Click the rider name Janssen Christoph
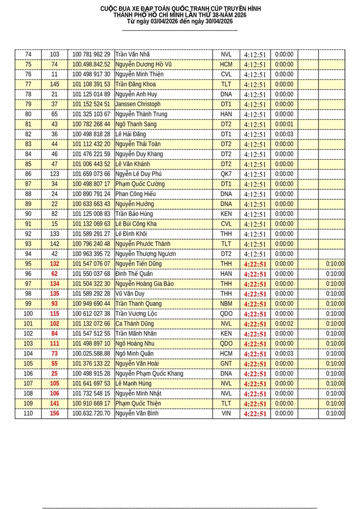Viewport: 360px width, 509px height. point(138,105)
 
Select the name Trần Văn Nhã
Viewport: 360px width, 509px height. point(133,55)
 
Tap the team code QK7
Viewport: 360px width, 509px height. point(226,174)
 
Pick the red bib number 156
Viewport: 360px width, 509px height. point(55,414)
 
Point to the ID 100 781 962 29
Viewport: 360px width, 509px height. point(91,55)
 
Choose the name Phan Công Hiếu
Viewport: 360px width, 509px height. point(136,194)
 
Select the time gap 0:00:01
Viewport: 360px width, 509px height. point(284,124)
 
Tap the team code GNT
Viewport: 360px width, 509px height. point(226,364)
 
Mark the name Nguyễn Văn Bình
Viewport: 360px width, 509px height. point(137,414)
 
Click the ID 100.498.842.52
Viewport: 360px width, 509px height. point(91,65)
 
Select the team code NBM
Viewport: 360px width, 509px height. point(226,304)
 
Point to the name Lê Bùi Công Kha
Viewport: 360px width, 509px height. point(136,224)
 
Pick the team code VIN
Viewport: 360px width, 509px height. point(226,414)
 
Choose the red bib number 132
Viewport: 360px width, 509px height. point(55,264)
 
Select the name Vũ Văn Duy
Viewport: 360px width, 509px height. point(130,294)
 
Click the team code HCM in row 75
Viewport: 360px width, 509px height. point(226,65)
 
